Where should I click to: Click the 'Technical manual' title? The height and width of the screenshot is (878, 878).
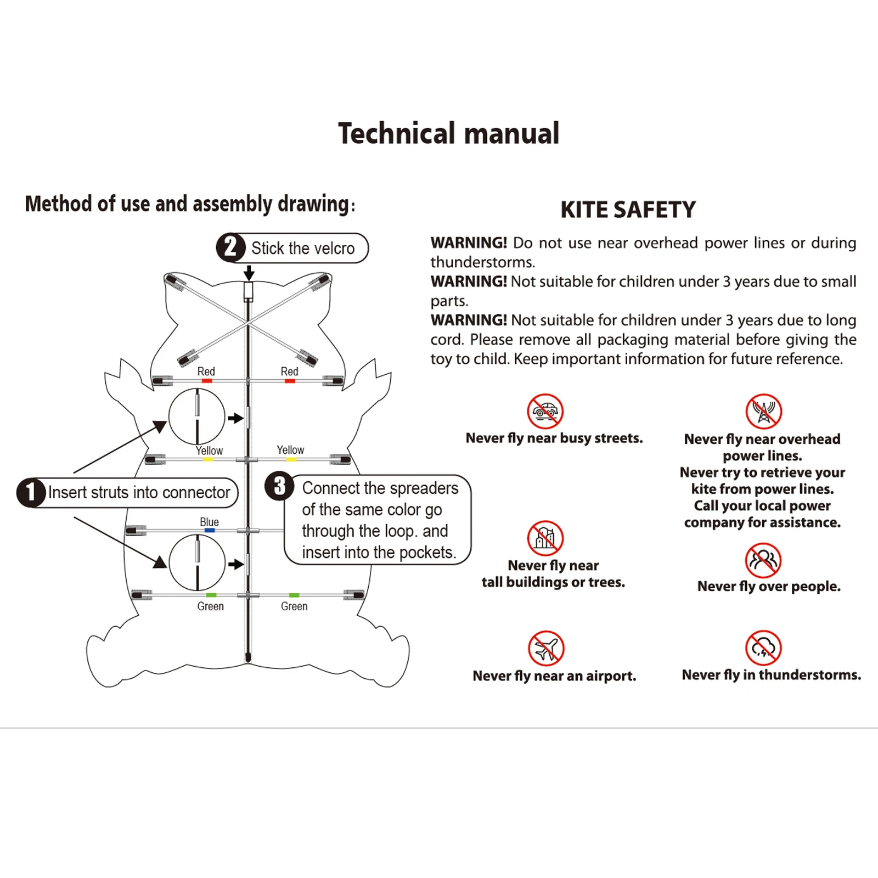[x=448, y=133]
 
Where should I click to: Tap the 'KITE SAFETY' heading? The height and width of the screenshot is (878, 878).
[x=628, y=210]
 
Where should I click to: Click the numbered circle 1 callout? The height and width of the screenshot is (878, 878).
[x=31, y=492]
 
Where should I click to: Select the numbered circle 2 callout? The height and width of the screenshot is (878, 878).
[x=230, y=247]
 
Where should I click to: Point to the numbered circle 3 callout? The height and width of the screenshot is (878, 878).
[x=279, y=486]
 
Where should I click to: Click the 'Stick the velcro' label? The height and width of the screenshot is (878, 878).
[x=303, y=248]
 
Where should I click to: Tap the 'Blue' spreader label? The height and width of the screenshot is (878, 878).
[x=209, y=522]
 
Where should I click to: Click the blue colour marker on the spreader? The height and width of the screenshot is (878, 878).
[x=209, y=531]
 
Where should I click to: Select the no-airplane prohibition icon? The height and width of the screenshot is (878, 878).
[x=545, y=648]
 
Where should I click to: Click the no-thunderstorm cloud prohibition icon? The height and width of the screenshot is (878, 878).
[x=763, y=648]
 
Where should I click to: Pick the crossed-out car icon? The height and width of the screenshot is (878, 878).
[x=545, y=411]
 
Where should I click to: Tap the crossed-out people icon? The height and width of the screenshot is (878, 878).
[x=763, y=560]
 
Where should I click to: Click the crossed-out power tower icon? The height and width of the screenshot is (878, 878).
[x=763, y=411]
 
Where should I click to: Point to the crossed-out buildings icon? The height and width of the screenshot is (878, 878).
[x=545, y=538]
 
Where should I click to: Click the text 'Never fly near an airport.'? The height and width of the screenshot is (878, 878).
[x=554, y=676]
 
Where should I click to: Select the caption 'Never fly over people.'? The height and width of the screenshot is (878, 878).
[x=768, y=587]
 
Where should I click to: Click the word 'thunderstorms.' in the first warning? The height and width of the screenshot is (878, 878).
[x=482, y=262]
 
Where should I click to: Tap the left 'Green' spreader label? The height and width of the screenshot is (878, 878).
[x=210, y=606]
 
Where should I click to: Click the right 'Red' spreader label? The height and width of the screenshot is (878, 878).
[x=289, y=372]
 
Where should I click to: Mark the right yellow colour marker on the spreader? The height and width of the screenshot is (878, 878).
[x=291, y=459]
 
